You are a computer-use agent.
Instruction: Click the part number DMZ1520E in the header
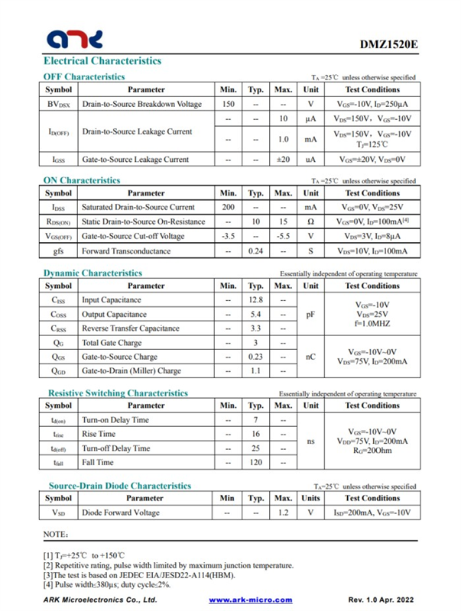(x=388, y=44)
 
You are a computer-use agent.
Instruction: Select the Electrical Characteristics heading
(x=102, y=60)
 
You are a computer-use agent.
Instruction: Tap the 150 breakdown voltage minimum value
(x=228, y=104)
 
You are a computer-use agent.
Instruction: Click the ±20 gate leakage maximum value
(x=283, y=160)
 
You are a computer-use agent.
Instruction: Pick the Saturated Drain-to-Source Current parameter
(x=138, y=207)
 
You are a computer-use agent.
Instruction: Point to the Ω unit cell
(x=310, y=221)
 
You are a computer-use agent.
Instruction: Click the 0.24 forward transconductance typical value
(x=256, y=251)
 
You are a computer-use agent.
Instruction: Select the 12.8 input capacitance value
(x=256, y=299)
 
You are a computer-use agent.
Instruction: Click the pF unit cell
(x=310, y=314)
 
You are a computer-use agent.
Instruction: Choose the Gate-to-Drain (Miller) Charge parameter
(x=131, y=371)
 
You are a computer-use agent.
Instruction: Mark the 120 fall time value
(x=256, y=462)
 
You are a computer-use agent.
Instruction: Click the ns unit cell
(x=310, y=441)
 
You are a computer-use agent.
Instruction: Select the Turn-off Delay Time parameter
(x=116, y=448)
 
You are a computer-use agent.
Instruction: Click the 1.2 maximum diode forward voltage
(x=283, y=512)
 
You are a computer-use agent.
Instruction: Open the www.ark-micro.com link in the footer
(x=251, y=600)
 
